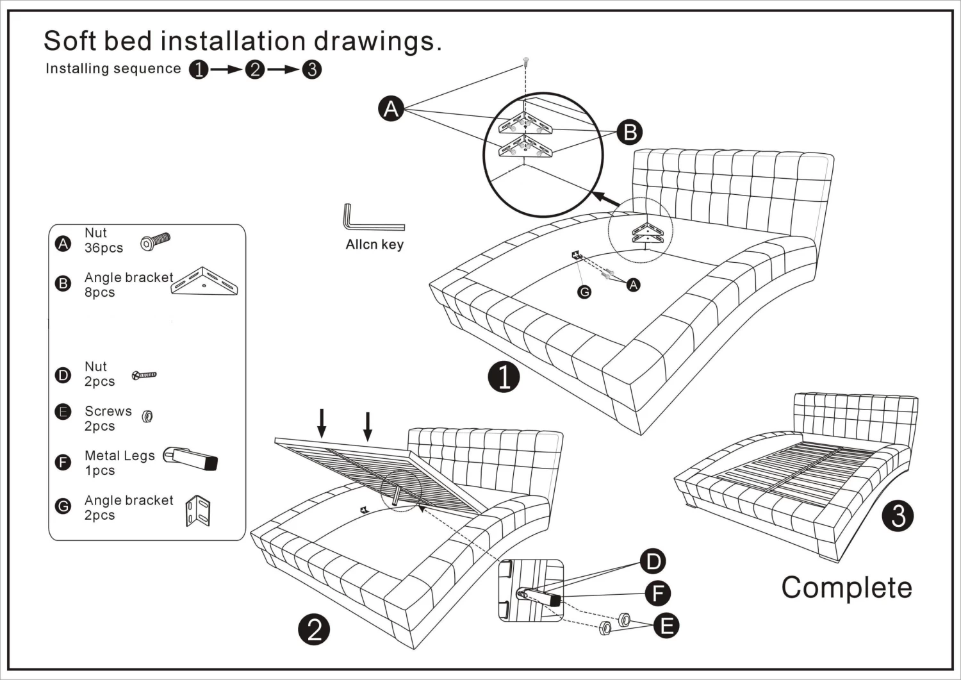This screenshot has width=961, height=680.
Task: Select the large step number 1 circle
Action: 503,377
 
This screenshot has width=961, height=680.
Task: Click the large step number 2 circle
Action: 314,630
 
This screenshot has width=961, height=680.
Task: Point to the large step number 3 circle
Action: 898,515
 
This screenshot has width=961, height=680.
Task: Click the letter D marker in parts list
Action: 63,375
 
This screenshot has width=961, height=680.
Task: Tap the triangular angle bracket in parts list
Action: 204,281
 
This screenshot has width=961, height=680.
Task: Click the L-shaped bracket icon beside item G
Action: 198,510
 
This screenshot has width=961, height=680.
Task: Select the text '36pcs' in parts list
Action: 104,248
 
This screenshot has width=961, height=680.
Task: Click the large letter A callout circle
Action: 391,108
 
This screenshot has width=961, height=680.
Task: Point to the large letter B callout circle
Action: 629,132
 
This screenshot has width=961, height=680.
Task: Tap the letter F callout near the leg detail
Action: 658,593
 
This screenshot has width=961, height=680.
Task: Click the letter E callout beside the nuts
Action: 666,626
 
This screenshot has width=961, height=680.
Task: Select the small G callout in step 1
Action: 584,292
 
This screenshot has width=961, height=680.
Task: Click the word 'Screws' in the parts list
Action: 108,411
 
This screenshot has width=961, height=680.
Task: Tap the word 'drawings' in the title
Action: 378,41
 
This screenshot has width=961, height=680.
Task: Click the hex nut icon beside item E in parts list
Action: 147,416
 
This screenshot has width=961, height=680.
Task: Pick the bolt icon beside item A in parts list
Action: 155,242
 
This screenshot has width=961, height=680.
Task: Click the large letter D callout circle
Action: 653,561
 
